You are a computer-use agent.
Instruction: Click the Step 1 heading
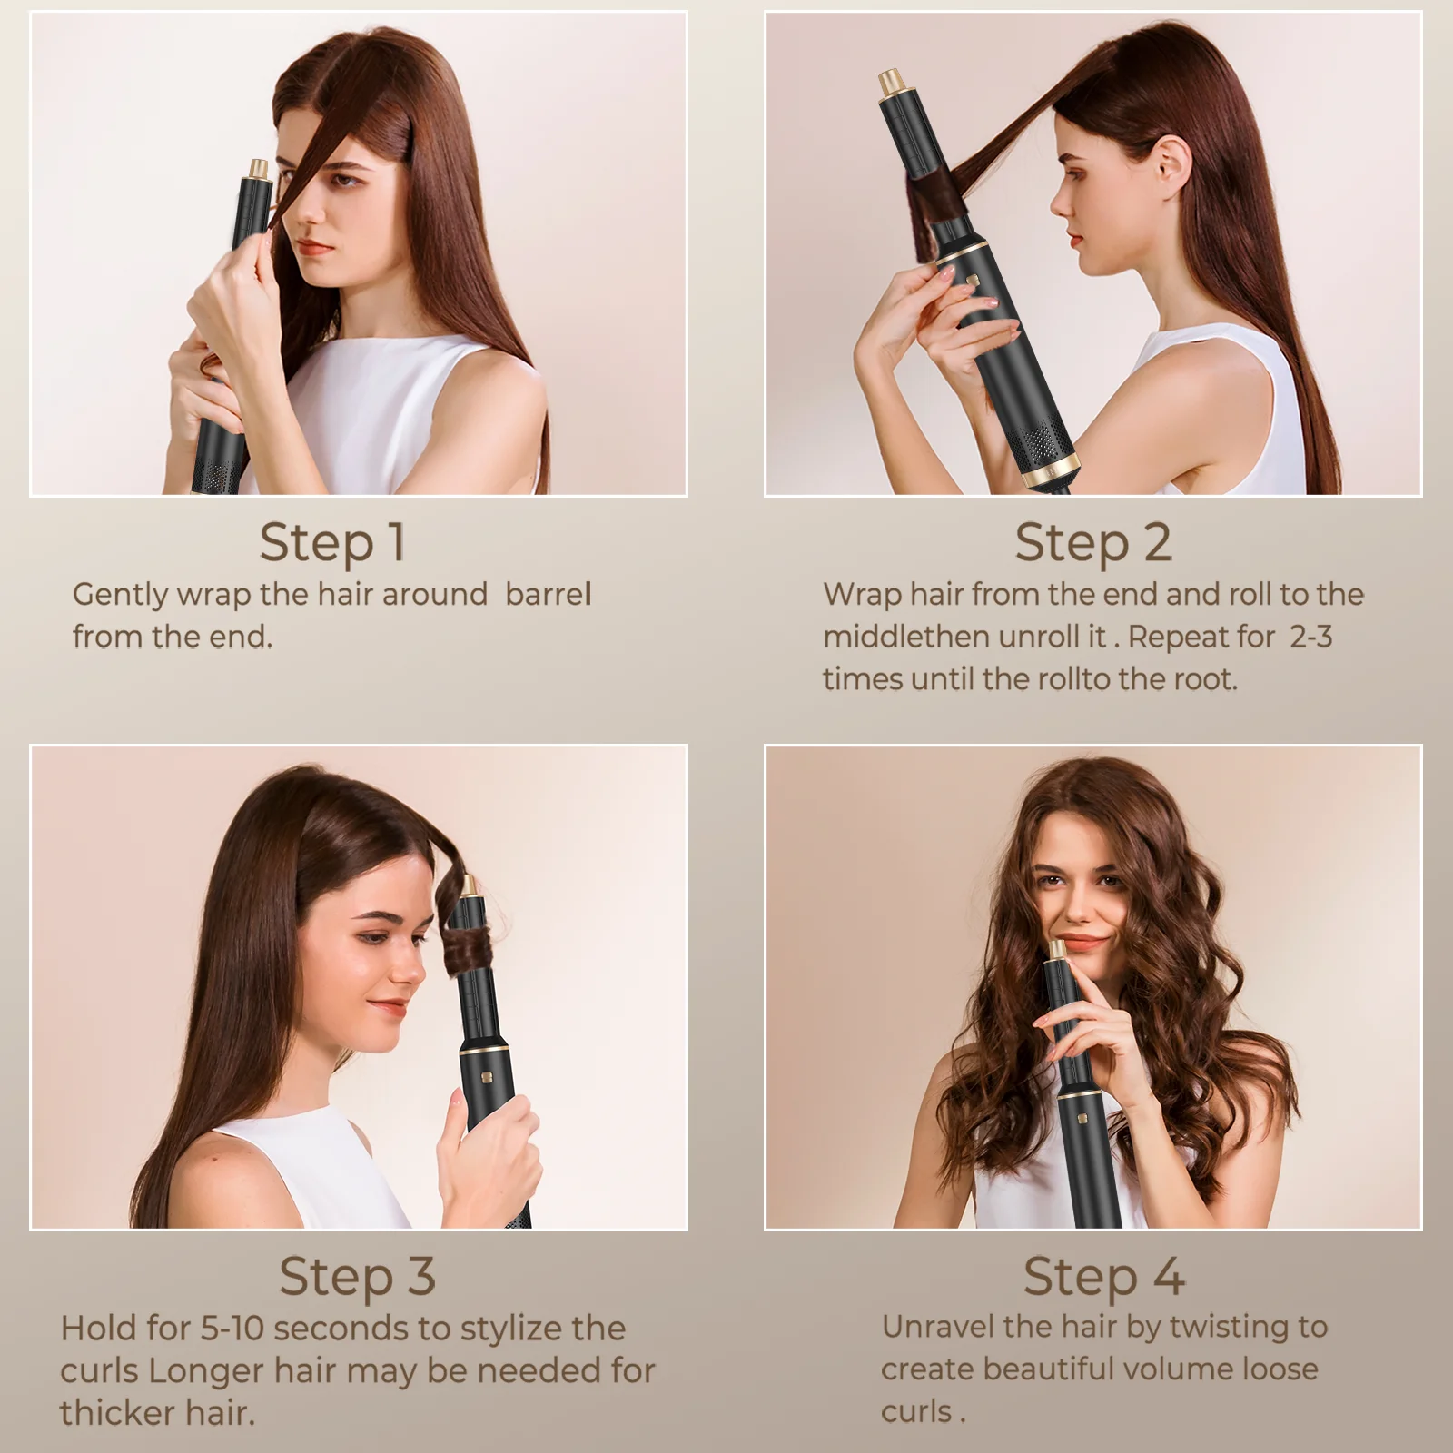pyautogui.click(x=332, y=543)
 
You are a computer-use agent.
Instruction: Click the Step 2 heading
pyautogui.click(x=1092, y=543)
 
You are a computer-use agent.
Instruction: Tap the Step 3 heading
pyautogui.click(x=357, y=1276)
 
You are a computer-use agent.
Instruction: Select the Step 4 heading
pyautogui.click(x=1103, y=1276)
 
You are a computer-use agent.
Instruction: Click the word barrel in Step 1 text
pyautogui.click(x=548, y=595)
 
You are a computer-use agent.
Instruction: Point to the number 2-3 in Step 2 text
pyautogui.click(x=1310, y=637)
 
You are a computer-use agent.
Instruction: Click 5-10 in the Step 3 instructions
pyautogui.click(x=232, y=1329)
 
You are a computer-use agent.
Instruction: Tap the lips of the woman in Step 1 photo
pyautogui.click(x=317, y=247)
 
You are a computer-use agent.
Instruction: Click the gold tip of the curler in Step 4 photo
pyautogui.click(x=1058, y=949)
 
